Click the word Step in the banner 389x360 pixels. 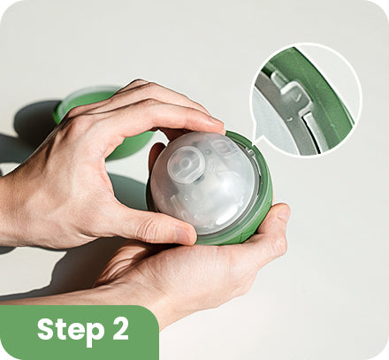coord(71,330)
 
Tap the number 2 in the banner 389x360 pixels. coord(121,328)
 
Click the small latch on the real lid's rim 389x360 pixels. coord(250,152)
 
